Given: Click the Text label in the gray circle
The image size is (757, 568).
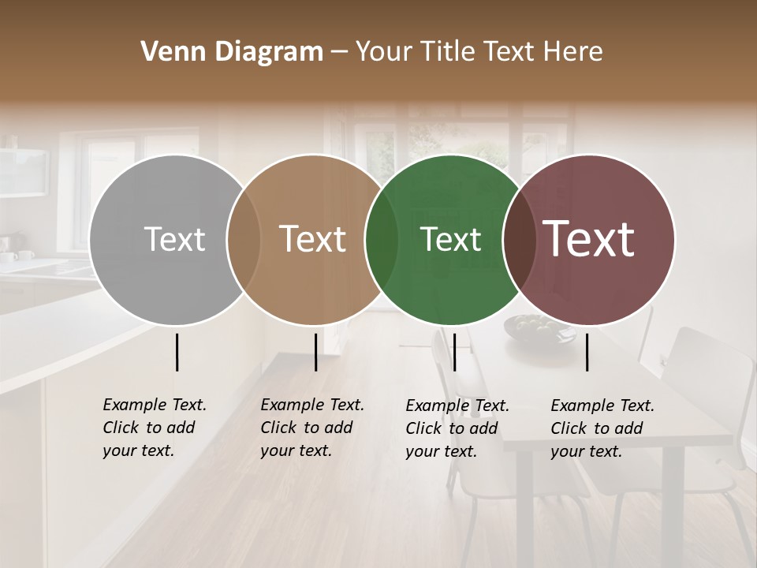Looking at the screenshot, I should tap(174, 240).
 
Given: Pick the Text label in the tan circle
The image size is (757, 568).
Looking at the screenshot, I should tap(313, 240).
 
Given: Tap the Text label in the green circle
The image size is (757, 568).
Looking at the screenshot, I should tap(450, 240).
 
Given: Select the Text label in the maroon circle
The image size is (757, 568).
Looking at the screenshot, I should tap(589, 239).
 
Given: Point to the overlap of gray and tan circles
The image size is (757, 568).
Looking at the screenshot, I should tap(244, 240).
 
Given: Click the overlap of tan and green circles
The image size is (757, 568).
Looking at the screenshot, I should tap(382, 240).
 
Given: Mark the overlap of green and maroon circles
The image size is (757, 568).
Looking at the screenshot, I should tap(519, 240).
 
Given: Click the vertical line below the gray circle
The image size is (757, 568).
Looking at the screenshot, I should tap(177, 352).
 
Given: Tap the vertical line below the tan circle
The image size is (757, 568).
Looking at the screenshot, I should tap(315, 352).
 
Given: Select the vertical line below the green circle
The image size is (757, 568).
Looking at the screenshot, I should tap(454, 352).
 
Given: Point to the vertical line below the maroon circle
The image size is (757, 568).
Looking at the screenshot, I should tap(587, 352).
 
